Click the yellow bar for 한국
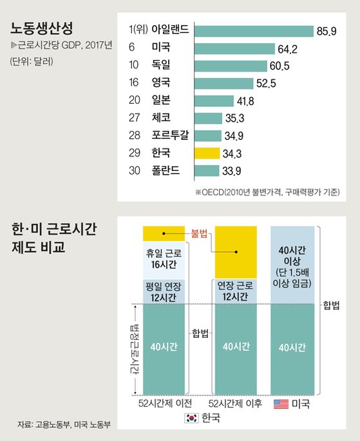[207, 153]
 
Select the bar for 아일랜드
[254, 31]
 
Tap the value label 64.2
[287, 49]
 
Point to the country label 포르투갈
[170, 135]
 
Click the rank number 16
[134, 83]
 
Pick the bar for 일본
[214, 101]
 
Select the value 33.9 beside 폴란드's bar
[232, 171]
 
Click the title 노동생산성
[42, 28]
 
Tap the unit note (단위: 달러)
[32, 61]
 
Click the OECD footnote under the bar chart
[267, 192]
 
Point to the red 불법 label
[199, 234]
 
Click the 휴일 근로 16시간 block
[164, 260]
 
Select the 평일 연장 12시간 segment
[164, 291]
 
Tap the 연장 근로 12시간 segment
[236, 291]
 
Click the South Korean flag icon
[191, 418]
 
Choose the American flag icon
[281, 404]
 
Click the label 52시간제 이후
[235, 404]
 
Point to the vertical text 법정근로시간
[135, 349]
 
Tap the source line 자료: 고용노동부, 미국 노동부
[64, 424]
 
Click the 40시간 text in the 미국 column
[292, 348]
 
